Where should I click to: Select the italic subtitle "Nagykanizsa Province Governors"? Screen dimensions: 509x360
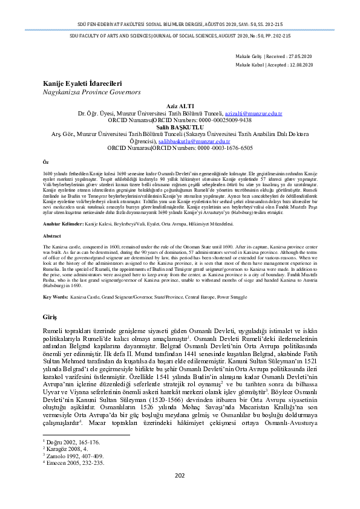(x=82, y=93)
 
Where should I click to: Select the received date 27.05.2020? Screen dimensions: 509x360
(x=299, y=56)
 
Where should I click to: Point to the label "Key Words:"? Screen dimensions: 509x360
(x=54, y=297)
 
